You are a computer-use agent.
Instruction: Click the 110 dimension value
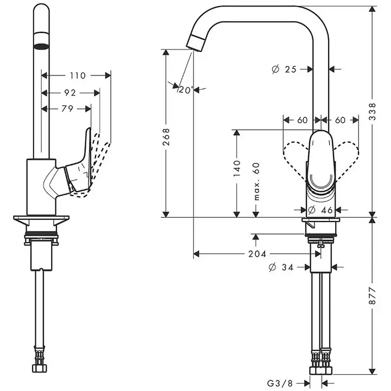pyautogui.click(x=78, y=75)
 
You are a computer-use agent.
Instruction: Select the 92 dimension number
pyautogui.click(x=70, y=93)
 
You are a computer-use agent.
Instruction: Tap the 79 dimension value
pyautogui.click(x=67, y=109)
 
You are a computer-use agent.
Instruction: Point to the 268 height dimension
pyautogui.click(x=166, y=137)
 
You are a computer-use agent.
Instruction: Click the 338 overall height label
pyautogui.click(x=373, y=111)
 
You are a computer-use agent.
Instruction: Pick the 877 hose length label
pyautogui.click(x=373, y=296)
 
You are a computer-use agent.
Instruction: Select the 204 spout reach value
pyautogui.click(x=257, y=254)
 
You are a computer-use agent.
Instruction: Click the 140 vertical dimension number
pyautogui.click(x=237, y=168)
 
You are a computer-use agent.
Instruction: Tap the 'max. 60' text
pyautogui.click(x=256, y=181)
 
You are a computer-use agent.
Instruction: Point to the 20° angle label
pyautogui.click(x=186, y=90)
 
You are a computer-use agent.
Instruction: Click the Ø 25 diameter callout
pyautogui.click(x=284, y=69)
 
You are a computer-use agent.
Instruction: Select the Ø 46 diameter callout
pyautogui.click(x=320, y=210)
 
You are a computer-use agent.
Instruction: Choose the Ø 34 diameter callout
pyautogui.click(x=281, y=267)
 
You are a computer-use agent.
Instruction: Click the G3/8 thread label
pyautogui.click(x=280, y=383)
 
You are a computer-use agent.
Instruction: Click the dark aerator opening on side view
pyautogui.click(x=41, y=46)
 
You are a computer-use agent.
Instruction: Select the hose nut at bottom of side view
pyautogui.click(x=39, y=368)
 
